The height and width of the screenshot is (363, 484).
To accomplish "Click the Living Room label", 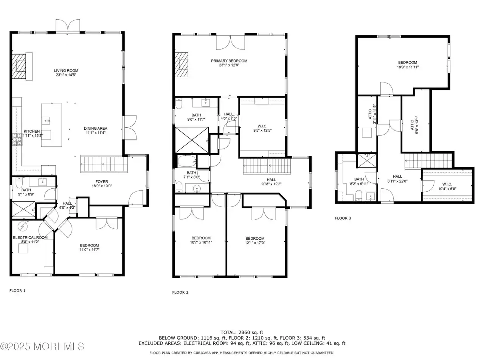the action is point(66,71).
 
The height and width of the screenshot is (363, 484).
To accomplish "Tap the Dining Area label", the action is point(96,128).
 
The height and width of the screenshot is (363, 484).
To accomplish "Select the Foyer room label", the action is point(102,181).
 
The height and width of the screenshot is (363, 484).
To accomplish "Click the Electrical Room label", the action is point(30,237).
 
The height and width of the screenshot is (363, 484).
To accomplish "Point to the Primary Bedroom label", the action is point(229,61).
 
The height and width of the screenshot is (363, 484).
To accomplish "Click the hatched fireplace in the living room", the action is point(19,66).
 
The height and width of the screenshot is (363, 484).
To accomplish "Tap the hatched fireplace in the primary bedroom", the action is point(181,65).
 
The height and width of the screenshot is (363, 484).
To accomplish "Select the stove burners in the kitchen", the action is point(17,139).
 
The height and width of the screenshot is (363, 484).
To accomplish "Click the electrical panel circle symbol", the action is point(22,226).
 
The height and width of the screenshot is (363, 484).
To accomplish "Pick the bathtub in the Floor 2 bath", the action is point(187,161).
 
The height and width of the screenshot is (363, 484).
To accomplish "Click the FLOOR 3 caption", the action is point(343,218).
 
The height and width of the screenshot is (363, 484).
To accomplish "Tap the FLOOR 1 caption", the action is point(17,291).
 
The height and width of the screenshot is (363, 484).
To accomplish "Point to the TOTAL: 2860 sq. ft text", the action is point(242,332).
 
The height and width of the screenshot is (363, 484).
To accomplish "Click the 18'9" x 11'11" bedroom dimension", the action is point(408,67).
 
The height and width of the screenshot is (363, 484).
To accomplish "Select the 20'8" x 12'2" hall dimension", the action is point(271,184).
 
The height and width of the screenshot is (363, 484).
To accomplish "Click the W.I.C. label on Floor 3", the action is point(447,184).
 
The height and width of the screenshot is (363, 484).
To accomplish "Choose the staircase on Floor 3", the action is point(428,161).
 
